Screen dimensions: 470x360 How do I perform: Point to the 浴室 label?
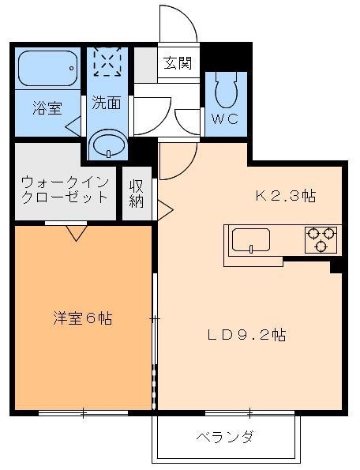pyautogui.click(x=47, y=108)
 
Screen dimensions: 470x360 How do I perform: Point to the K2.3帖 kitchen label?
pyautogui.click(x=284, y=196)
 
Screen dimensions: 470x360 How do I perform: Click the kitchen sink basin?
pyautogui.click(x=250, y=239)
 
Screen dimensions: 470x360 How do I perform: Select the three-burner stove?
pyautogui.click(x=321, y=239)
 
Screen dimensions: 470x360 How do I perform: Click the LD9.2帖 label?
pyautogui.click(x=247, y=334)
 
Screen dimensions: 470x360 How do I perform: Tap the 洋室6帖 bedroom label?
pyautogui.click(x=82, y=318)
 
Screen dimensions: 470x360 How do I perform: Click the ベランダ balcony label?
pyautogui.click(x=225, y=436)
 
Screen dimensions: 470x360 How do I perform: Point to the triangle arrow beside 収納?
pyautogui.click(x=165, y=209)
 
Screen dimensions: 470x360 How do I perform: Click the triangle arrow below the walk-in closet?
pyautogui.click(x=77, y=232)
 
